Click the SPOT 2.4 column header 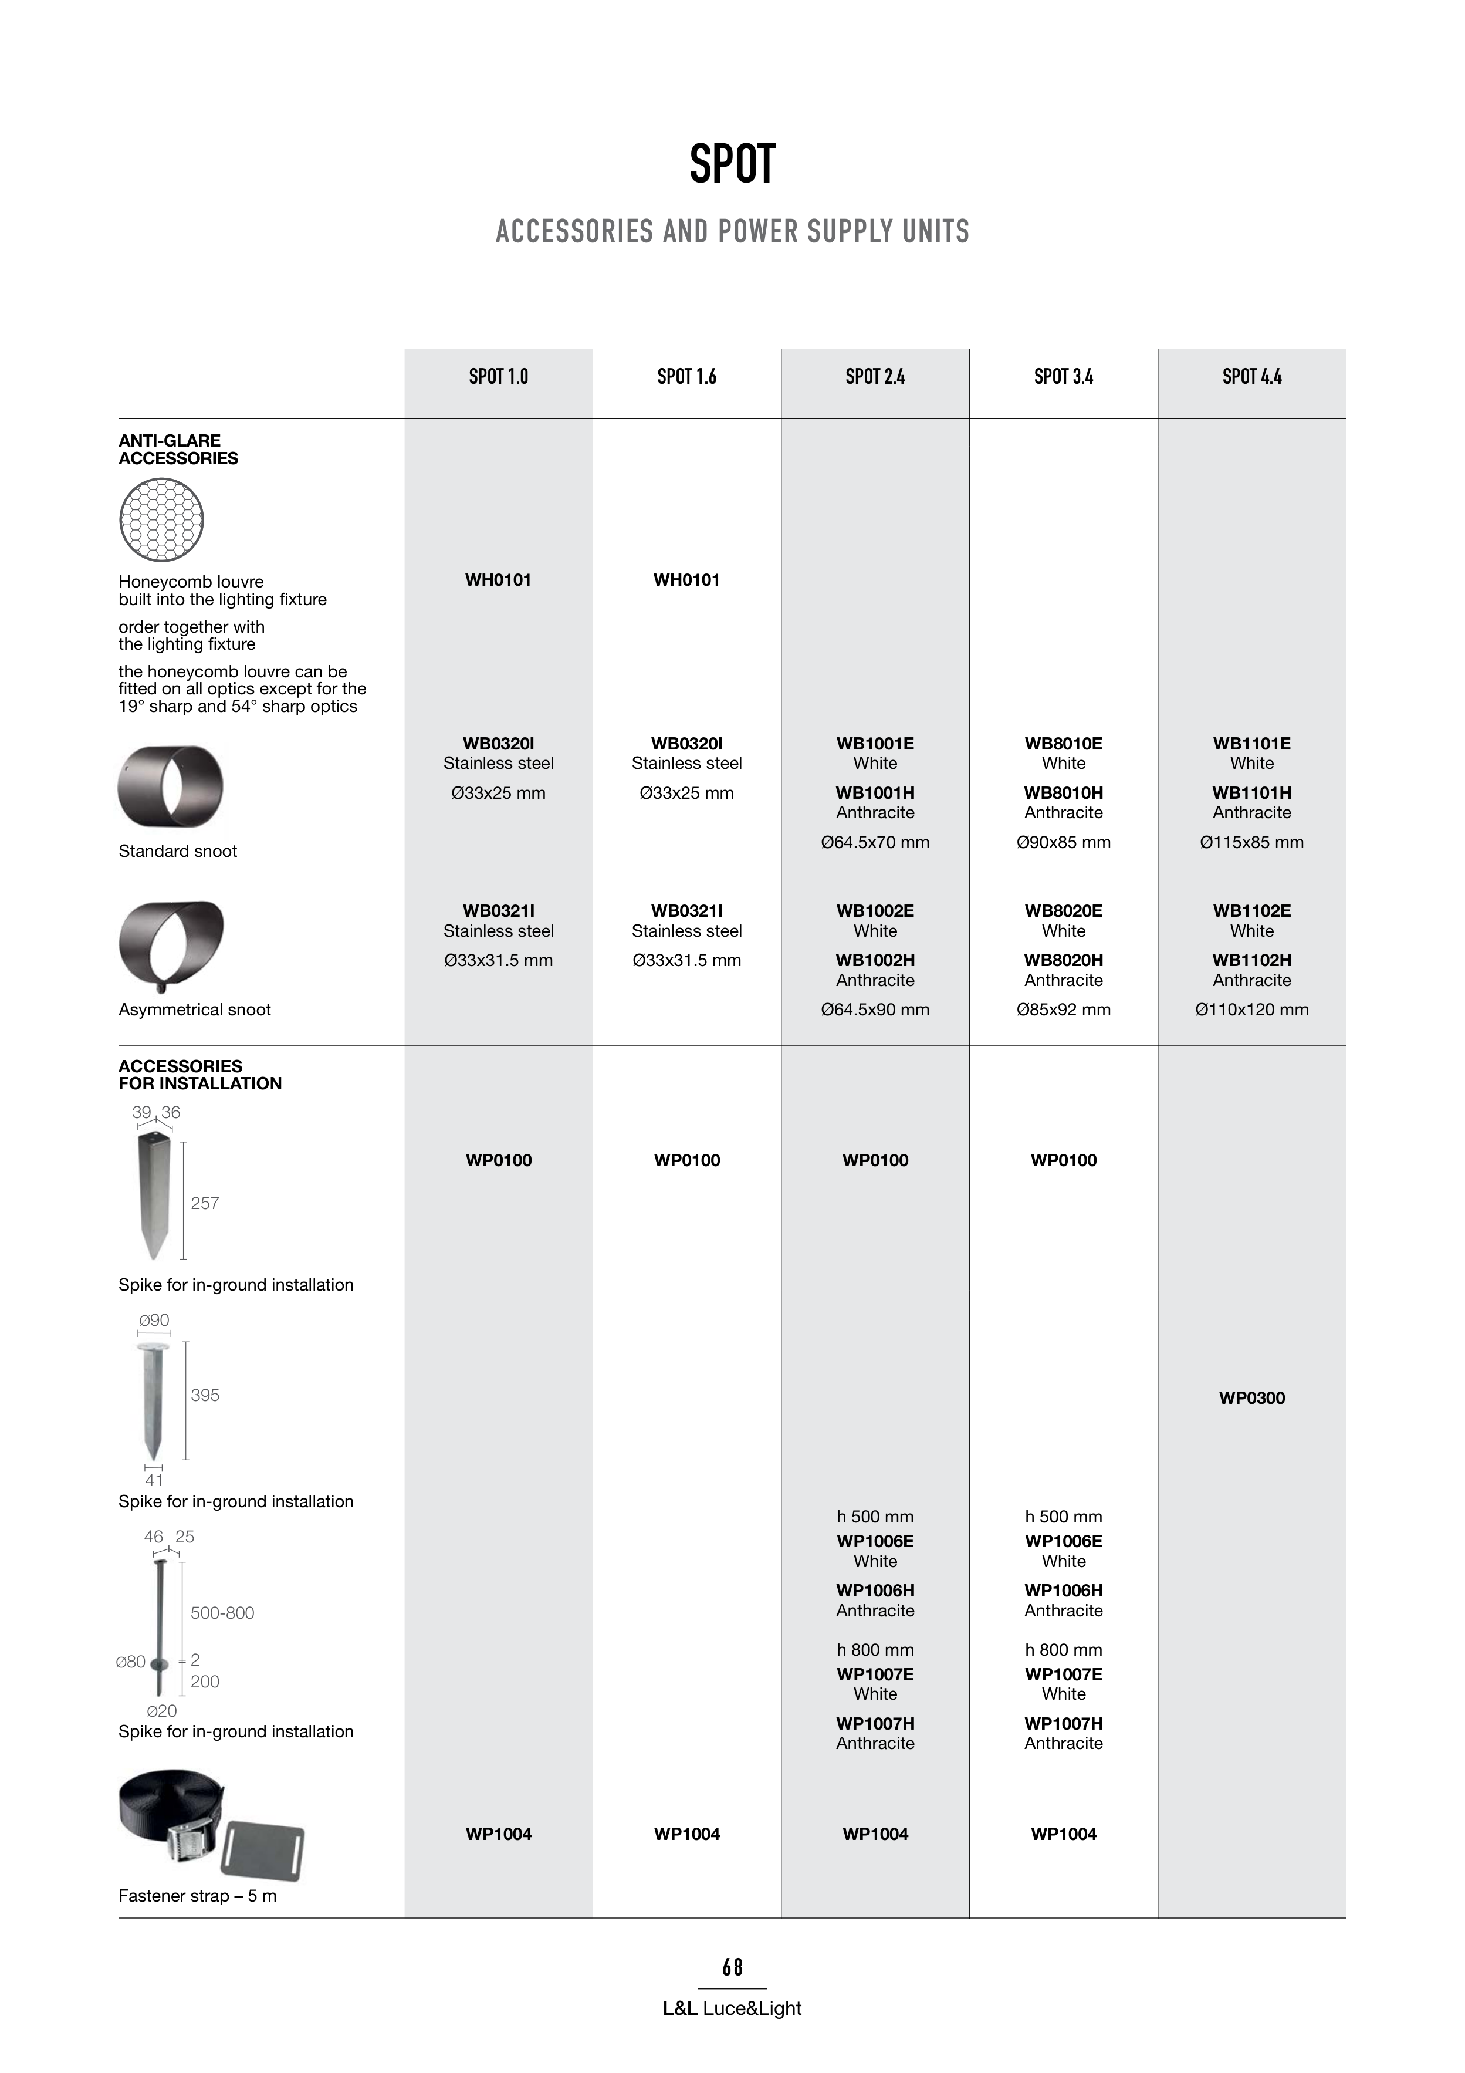coord(875,376)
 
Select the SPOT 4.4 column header coord(1251,376)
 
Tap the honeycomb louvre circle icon coord(161,520)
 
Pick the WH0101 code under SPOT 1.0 coord(498,580)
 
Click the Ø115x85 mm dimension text coord(1251,842)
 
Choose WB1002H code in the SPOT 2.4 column coord(875,961)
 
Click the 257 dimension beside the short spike coord(205,1204)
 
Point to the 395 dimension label coord(205,1395)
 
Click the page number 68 coord(732,1967)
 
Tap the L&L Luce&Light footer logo coord(732,2009)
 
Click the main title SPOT coord(732,164)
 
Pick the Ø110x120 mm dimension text coord(1251,1010)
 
